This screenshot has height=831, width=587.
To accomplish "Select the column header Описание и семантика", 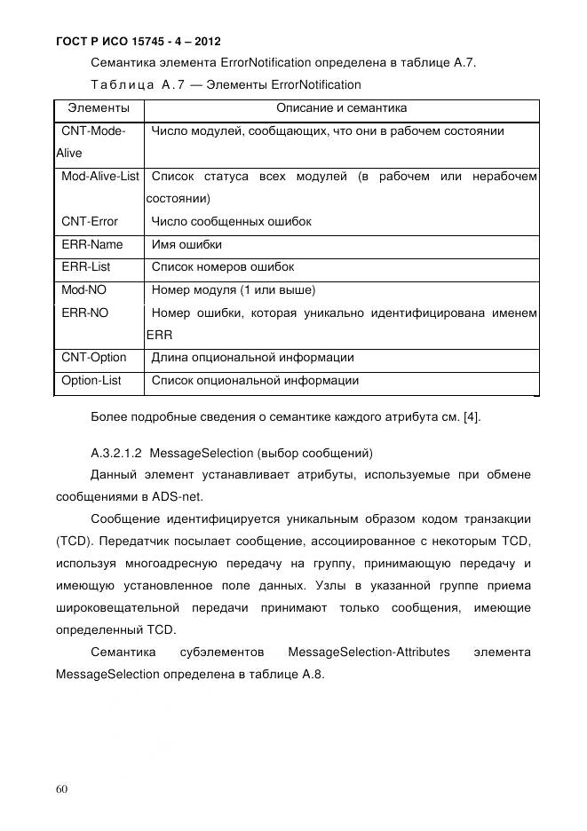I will pyautogui.click(x=341, y=108).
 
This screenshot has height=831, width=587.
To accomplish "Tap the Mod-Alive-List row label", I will pyautogui.click(x=99, y=177).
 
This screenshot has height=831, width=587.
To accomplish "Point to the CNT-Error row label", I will pyautogui.click(x=90, y=221).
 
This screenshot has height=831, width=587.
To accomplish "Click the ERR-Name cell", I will pyautogui.click(x=92, y=244).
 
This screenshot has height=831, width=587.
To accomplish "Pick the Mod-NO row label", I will pyautogui.click(x=84, y=289).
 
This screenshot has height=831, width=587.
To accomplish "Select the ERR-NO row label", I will pyautogui.click(x=85, y=313).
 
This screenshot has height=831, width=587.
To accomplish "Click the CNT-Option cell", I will pyautogui.click(x=94, y=358).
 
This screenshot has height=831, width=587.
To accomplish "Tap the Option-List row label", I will pyautogui.click(x=91, y=381).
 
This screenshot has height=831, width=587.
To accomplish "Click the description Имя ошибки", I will pyautogui.click(x=187, y=244).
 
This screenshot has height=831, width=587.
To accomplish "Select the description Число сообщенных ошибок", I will pyautogui.click(x=232, y=221).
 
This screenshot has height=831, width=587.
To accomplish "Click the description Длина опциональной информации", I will pyautogui.click(x=253, y=358).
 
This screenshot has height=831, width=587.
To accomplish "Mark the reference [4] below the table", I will pyautogui.click(x=469, y=417).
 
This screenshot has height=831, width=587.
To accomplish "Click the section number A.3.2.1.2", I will pyautogui.click(x=119, y=453).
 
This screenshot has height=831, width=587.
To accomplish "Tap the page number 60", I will pyautogui.click(x=61, y=788).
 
